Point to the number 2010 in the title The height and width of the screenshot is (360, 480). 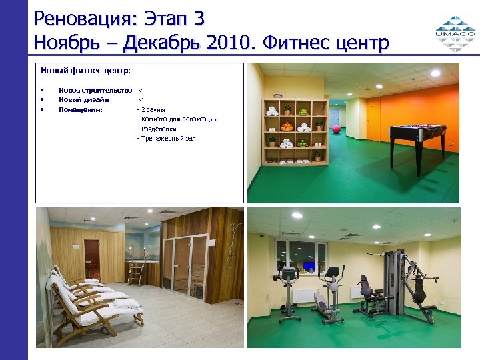point(231,43)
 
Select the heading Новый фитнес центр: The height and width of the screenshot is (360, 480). point(85,69)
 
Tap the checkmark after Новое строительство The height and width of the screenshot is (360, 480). point(142,90)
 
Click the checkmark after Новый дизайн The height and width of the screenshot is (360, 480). point(142,100)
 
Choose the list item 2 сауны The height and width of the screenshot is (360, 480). point(153,109)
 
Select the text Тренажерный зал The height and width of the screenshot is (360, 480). point(168,139)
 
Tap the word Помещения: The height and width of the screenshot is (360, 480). point(81,109)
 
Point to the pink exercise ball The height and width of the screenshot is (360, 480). point(336,129)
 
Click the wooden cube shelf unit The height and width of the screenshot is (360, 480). point(293,131)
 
